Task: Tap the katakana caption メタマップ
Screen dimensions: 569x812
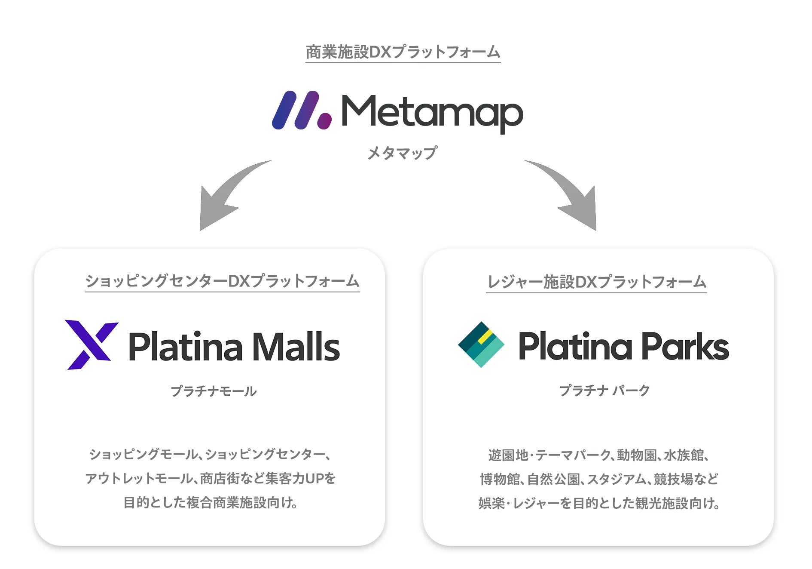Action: point(403,153)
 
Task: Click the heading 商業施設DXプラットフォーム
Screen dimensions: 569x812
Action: point(403,52)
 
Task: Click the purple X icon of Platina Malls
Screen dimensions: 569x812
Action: point(91,344)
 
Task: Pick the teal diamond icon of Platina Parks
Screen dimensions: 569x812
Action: point(481,344)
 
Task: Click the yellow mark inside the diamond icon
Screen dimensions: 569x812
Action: point(485,337)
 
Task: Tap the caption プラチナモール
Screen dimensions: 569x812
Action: point(214,391)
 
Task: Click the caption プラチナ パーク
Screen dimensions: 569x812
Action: point(604,391)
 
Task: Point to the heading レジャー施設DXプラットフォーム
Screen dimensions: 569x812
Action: point(596,282)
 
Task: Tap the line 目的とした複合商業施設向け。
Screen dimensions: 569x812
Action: point(210,502)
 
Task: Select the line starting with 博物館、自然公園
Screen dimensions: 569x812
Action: point(599,479)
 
